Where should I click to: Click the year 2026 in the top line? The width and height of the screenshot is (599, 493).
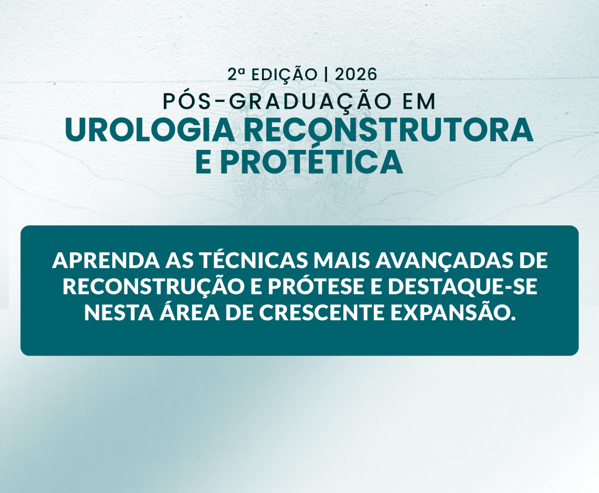(x=356, y=74)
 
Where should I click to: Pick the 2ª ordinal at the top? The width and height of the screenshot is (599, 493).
(x=236, y=74)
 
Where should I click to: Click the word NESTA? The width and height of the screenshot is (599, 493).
(x=113, y=313)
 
